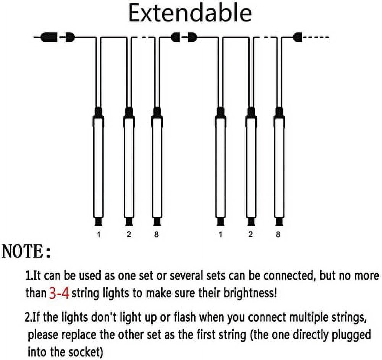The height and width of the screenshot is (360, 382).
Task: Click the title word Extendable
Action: tap(190, 13)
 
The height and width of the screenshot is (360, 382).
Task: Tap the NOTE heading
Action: tap(26, 251)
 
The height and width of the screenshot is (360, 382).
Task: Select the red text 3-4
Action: tap(59, 293)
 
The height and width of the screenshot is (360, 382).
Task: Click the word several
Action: tap(186, 276)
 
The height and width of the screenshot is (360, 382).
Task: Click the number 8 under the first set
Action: tap(156, 235)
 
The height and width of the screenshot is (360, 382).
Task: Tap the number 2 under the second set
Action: tap(251, 235)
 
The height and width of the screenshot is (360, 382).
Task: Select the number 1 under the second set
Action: tap(220, 235)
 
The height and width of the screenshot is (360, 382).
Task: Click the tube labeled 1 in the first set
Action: tap(99, 166)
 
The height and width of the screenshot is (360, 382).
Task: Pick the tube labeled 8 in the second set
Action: tap(279, 166)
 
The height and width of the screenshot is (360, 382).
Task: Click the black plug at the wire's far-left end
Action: tap(49, 37)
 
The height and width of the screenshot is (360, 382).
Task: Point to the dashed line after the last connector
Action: tap(316, 37)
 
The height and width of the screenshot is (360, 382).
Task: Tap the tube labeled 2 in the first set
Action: tap(129, 166)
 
